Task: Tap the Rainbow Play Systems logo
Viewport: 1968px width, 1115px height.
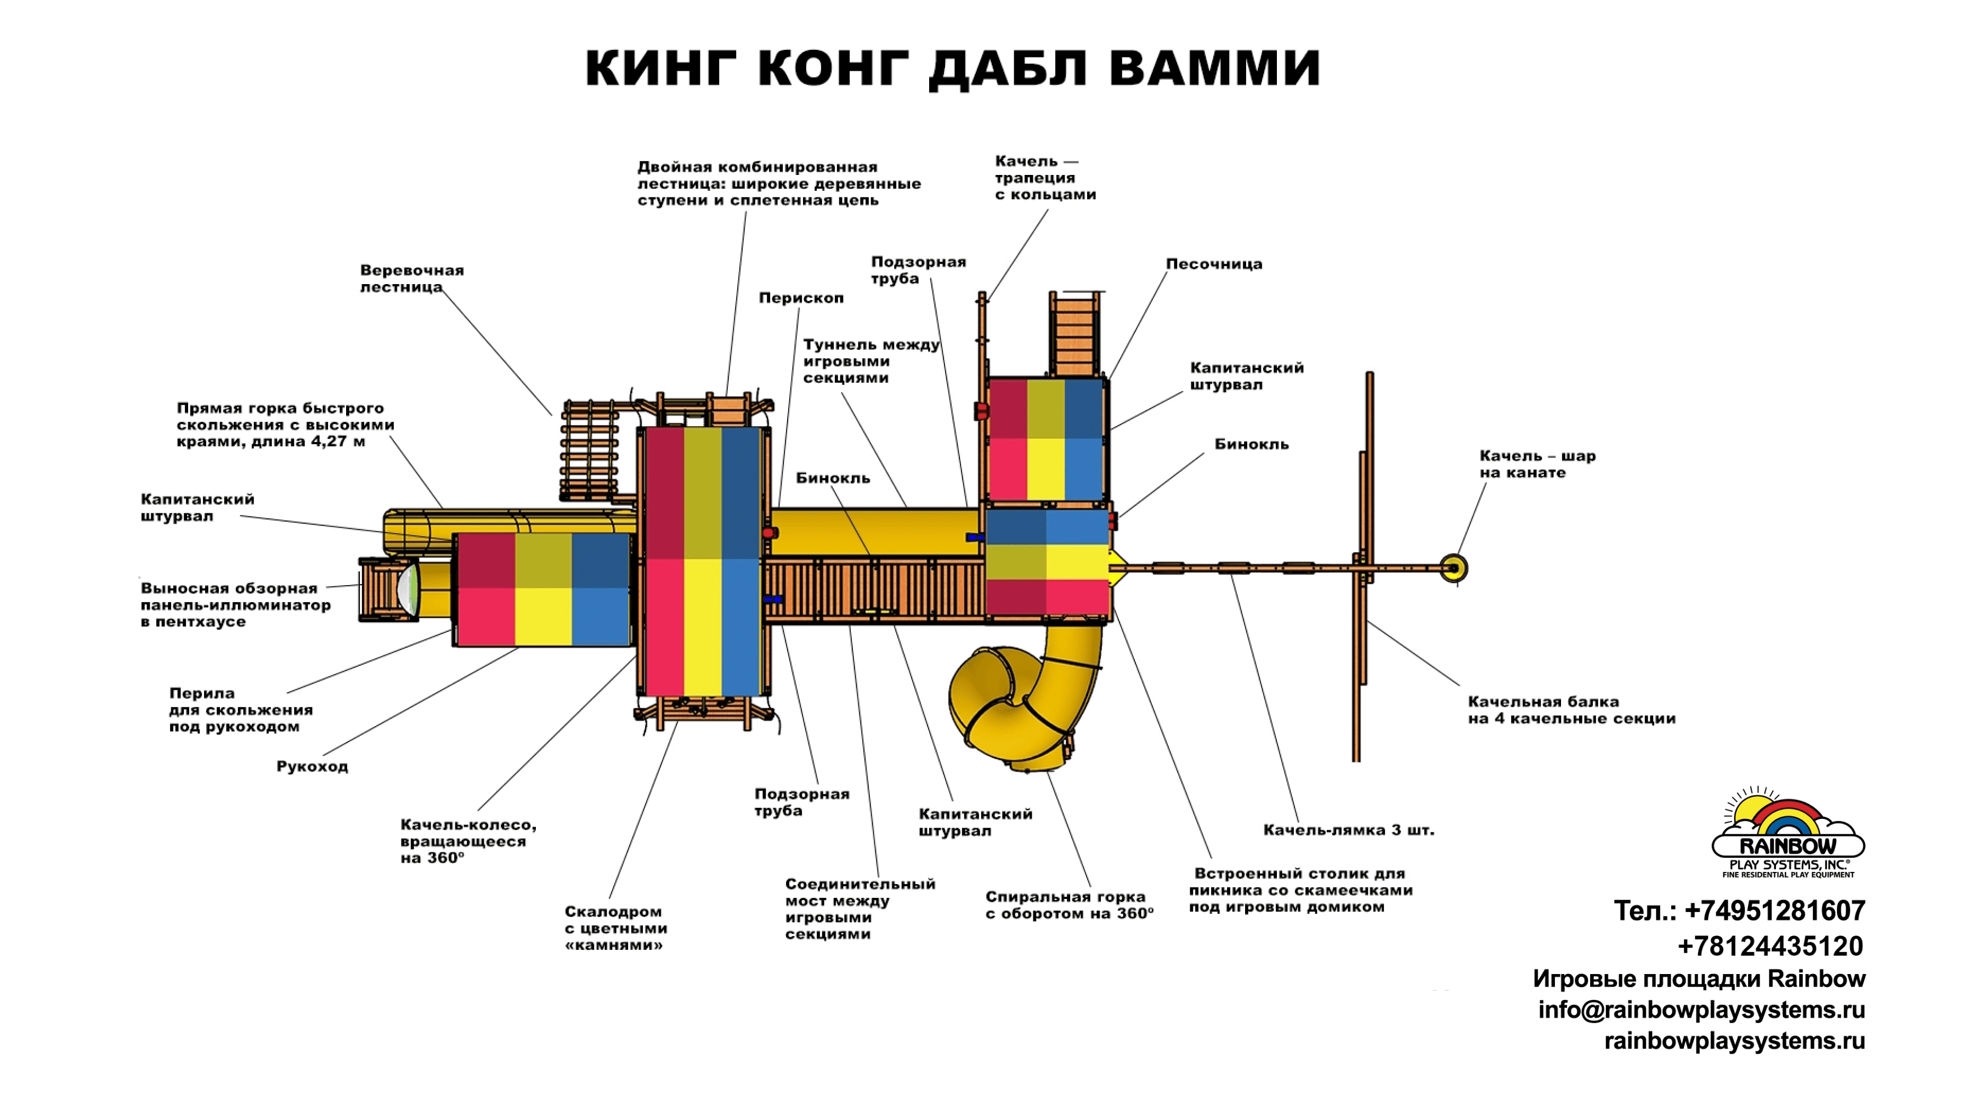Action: point(1788,835)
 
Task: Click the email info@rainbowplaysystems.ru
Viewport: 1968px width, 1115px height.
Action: point(1701,1010)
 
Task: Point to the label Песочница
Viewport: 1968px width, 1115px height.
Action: point(1214,264)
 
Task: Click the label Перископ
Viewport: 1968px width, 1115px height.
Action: point(801,298)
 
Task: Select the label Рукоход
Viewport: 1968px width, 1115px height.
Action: point(312,767)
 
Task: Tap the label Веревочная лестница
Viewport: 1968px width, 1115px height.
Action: point(411,279)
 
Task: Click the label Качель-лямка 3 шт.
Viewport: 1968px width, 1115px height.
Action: point(1348,830)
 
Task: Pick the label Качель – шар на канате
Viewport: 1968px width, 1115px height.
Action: point(1537,464)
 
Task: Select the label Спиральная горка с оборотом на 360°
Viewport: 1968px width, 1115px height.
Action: point(1068,905)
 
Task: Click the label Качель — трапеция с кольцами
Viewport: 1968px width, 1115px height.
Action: point(1044,178)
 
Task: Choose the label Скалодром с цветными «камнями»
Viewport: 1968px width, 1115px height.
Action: point(615,928)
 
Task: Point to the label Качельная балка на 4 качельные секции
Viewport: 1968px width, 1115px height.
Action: point(1570,710)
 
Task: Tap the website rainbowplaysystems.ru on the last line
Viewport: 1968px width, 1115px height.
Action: point(1734,1042)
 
